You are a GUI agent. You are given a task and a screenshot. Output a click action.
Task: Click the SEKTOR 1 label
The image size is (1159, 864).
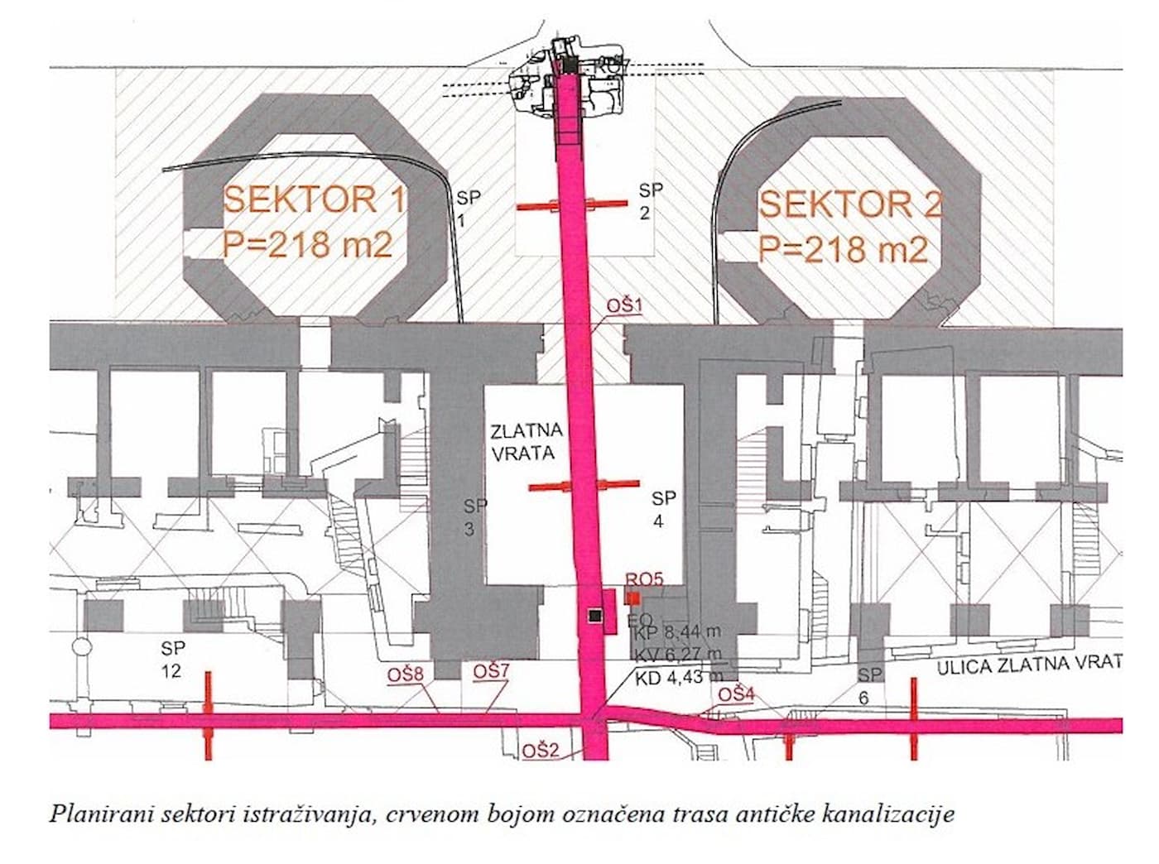(x=314, y=199)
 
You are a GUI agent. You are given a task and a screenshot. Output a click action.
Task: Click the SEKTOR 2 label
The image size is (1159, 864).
(x=850, y=204)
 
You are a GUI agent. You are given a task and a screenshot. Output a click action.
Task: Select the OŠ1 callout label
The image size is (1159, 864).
(x=624, y=306)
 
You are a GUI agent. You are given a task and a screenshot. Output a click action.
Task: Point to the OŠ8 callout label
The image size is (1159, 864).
(x=406, y=674)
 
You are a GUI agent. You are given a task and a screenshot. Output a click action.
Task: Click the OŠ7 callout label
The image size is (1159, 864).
(x=490, y=671)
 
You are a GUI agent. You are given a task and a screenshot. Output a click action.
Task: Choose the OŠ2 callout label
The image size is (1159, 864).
(x=541, y=751)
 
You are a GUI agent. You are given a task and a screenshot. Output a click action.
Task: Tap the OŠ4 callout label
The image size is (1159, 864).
(x=736, y=694)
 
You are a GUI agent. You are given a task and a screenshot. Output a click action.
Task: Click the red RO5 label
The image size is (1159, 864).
(x=644, y=580)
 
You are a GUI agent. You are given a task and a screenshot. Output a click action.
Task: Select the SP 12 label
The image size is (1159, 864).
(x=173, y=659)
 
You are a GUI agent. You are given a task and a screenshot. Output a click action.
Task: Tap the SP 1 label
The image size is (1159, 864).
(x=468, y=209)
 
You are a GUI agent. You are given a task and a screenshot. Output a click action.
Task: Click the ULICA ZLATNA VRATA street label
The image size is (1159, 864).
(x=1029, y=665)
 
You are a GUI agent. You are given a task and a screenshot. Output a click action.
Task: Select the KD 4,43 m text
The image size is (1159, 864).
(x=669, y=678)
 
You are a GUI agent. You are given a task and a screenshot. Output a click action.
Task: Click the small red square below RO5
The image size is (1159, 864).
(x=633, y=598)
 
